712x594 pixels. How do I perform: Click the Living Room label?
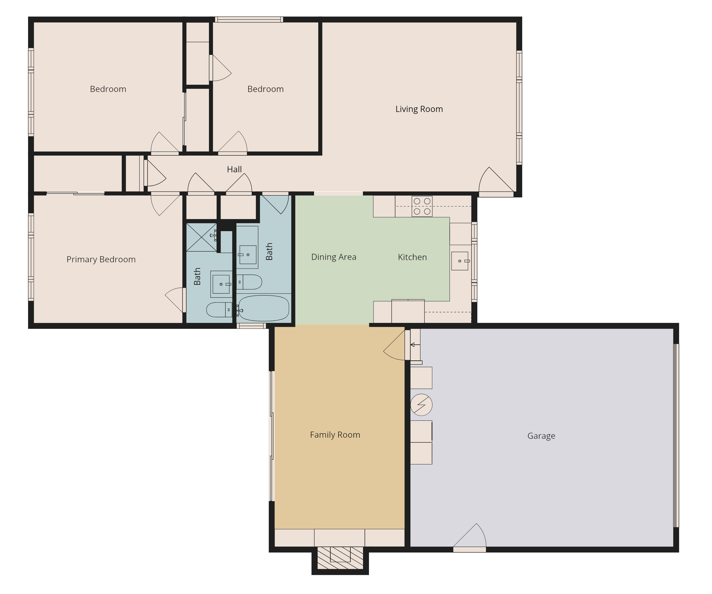pyautogui.click(x=419, y=109)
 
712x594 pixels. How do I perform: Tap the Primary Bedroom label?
pyautogui.click(x=101, y=259)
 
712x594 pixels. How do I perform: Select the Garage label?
pyautogui.click(x=541, y=436)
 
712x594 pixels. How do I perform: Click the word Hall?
pyautogui.click(x=234, y=169)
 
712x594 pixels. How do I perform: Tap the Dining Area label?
pyautogui.click(x=334, y=257)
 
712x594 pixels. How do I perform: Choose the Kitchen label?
pyautogui.click(x=412, y=257)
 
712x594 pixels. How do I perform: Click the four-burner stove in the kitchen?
pyautogui.click(x=422, y=206)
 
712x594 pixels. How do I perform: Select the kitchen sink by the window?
pyautogui.click(x=460, y=261)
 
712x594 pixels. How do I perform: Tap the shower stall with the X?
pyautogui.click(x=201, y=237)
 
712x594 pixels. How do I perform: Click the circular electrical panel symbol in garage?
pyautogui.click(x=421, y=405)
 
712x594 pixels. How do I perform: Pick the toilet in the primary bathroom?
pyautogui.click(x=219, y=310)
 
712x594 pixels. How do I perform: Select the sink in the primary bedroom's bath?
pyautogui.click(x=221, y=284)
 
